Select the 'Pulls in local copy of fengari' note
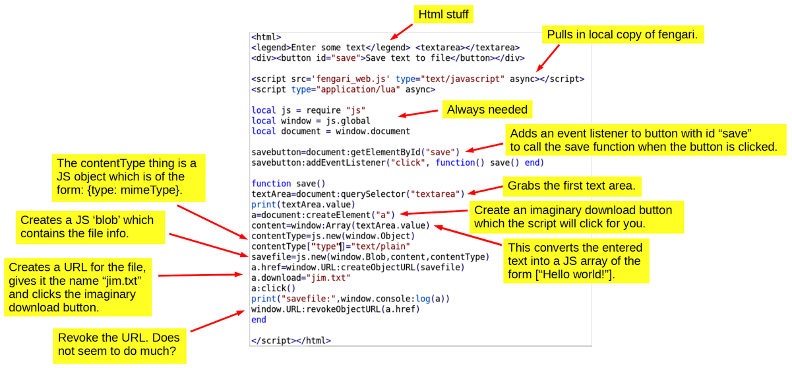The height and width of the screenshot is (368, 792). tap(623, 34)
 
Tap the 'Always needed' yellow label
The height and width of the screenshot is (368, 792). tap(487, 110)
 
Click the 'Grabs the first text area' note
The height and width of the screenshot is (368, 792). tap(571, 186)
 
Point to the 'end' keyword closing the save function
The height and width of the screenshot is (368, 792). tap(259, 320)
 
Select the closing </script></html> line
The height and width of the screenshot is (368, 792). tap(291, 340)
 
